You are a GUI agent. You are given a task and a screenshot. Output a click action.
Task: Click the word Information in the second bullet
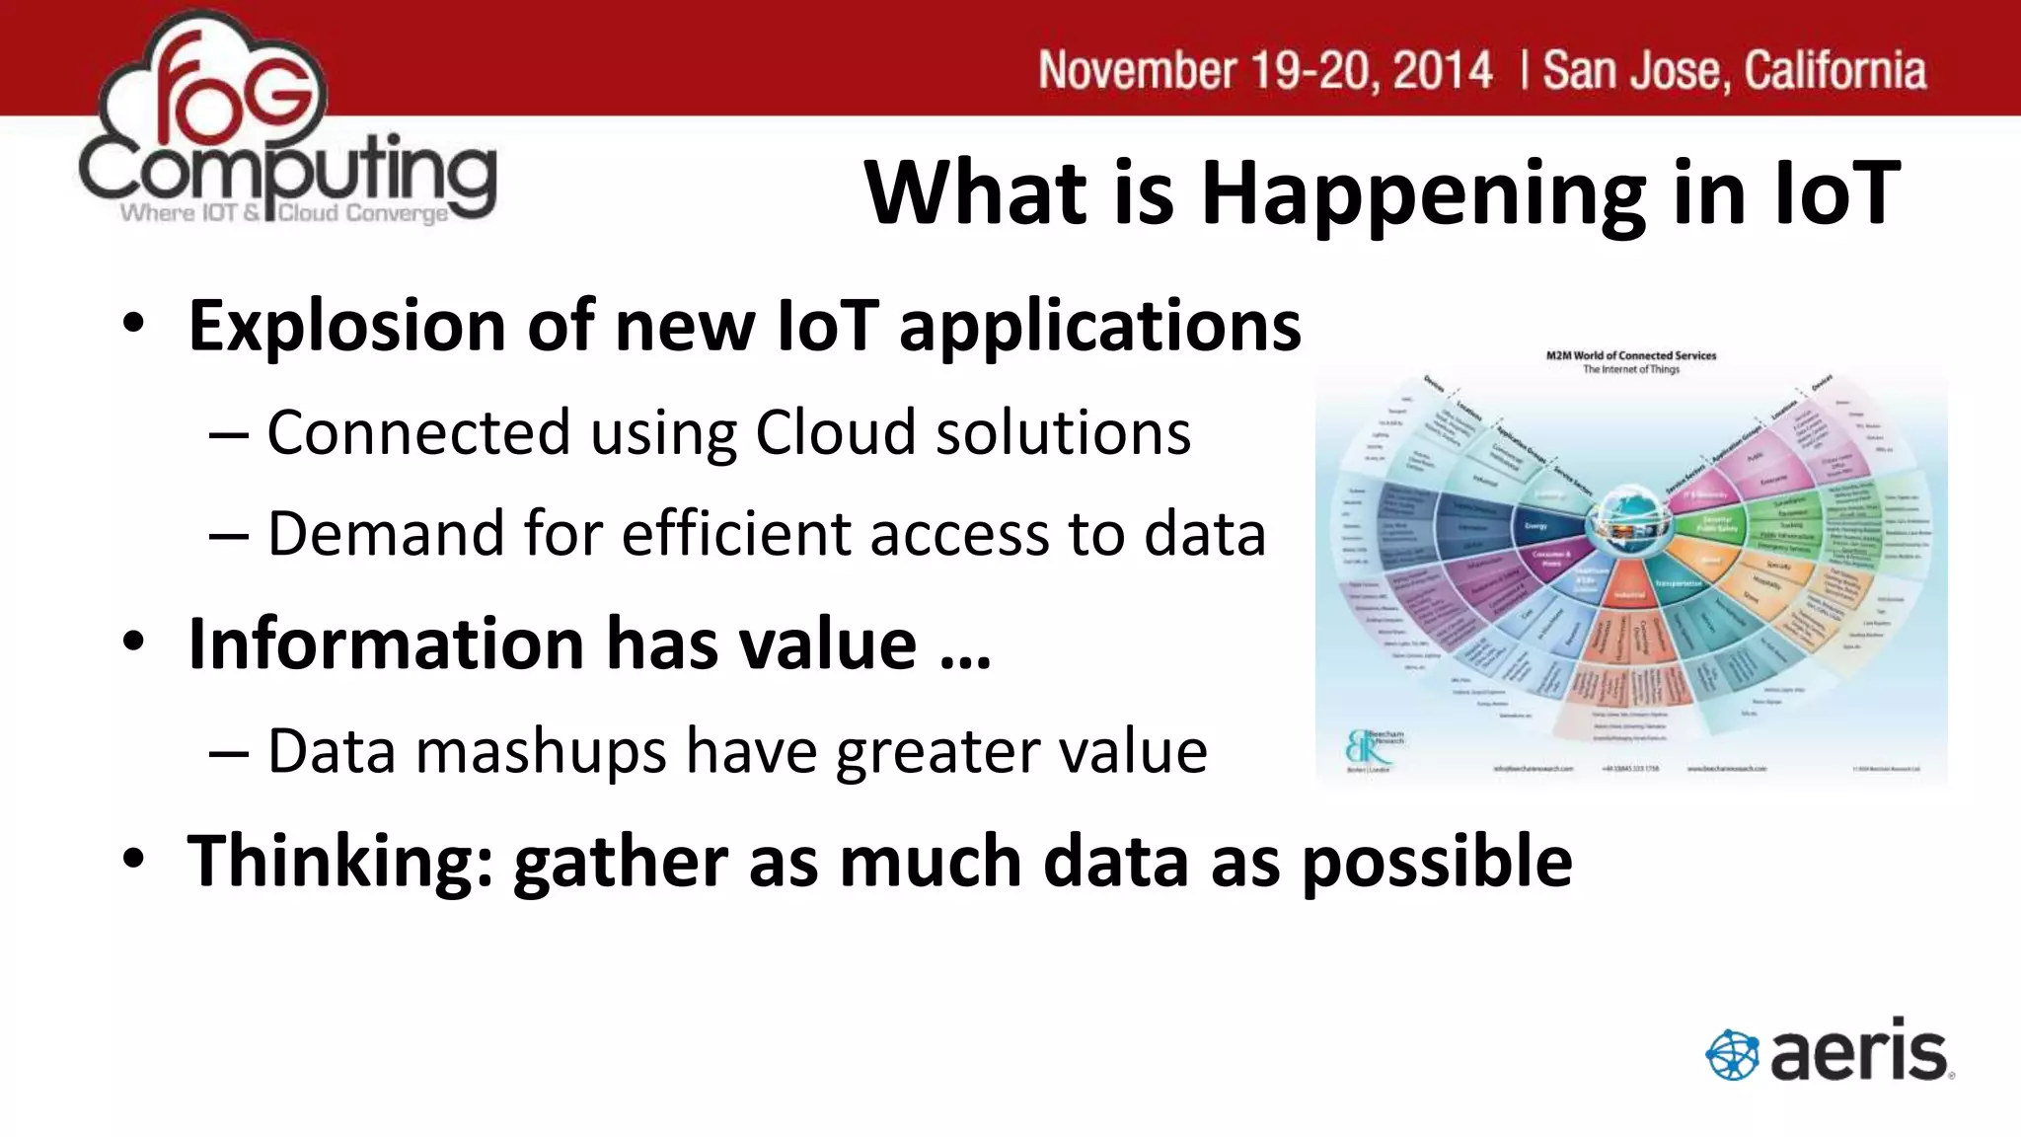387,644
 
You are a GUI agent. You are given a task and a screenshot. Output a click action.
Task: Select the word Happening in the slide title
1422,193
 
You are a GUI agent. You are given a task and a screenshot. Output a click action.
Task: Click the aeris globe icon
1732,1055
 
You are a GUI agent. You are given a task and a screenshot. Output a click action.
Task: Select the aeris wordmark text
1859,1052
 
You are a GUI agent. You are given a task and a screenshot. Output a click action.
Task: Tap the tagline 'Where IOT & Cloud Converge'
284,213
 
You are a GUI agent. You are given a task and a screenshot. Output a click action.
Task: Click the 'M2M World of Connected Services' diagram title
1631,355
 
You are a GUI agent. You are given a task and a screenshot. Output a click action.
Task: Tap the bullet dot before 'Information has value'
134,642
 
